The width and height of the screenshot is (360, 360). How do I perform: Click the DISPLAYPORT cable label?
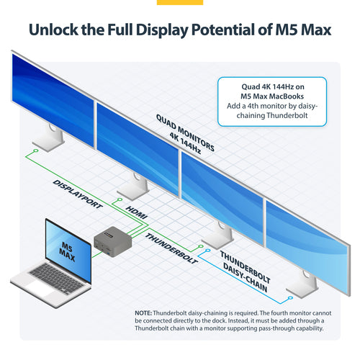tap(78, 194)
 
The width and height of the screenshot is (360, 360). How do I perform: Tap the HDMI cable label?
tap(136, 212)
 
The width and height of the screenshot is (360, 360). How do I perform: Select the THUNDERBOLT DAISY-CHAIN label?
tap(245, 271)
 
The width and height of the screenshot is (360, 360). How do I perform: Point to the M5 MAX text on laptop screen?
tap(68, 251)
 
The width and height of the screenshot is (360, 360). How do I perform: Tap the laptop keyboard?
tap(57, 278)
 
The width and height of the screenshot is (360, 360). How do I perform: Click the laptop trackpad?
tap(40, 288)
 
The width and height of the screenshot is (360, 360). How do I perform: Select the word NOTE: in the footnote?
tap(143, 313)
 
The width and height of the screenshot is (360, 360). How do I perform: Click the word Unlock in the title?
tap(53, 30)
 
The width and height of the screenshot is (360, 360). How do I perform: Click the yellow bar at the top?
tap(180, 2)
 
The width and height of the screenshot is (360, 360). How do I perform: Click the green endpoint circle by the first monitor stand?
tap(36, 150)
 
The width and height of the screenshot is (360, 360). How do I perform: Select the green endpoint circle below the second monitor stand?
tap(120, 199)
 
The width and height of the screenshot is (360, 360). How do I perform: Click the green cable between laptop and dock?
tap(97, 254)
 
